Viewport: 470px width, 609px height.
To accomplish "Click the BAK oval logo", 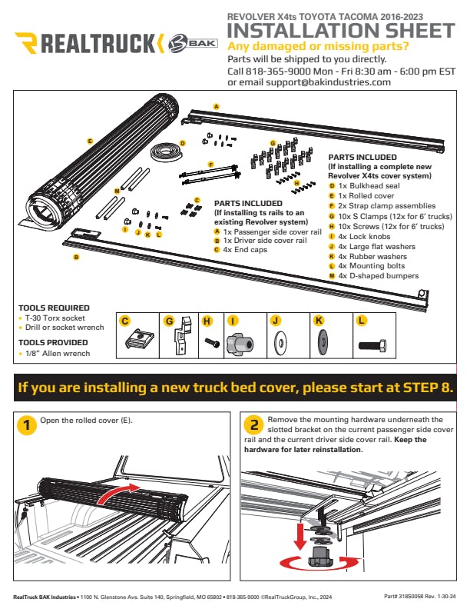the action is point(193,42).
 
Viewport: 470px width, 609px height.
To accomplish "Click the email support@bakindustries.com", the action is point(328,82).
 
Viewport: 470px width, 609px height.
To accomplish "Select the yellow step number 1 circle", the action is point(27,424).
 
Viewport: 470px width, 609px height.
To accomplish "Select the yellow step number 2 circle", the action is point(254,424).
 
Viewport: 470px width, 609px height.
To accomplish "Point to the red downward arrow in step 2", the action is point(300,536).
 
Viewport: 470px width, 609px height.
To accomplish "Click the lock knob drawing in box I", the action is point(240,343).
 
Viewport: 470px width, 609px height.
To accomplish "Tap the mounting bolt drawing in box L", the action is point(372,344).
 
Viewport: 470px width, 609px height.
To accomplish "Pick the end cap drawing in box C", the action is point(140,338).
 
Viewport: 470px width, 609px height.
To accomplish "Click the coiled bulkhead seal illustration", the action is point(167,151).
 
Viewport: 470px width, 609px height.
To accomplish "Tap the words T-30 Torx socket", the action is point(55,318).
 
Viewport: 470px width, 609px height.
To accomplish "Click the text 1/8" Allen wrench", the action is point(58,354).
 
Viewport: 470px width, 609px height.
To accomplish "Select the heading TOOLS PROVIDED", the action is point(53,343).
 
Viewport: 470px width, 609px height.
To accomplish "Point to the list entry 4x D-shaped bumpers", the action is point(379,276).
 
